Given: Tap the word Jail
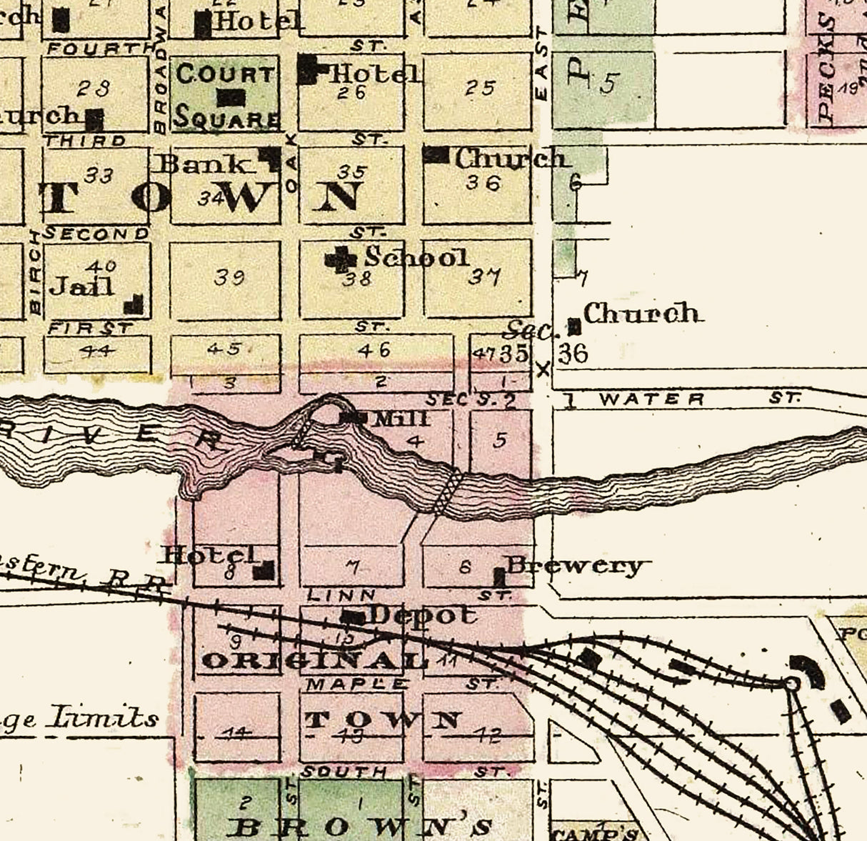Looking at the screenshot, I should [x=81, y=287].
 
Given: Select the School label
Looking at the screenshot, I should [x=416, y=257].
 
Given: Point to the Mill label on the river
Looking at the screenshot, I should [x=391, y=419].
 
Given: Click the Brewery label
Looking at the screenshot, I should [x=576, y=566].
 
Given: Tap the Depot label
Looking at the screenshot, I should [x=421, y=614].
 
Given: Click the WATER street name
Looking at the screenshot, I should [x=651, y=399].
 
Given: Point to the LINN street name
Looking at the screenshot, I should [x=341, y=594].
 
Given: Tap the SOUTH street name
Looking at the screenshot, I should [x=344, y=772].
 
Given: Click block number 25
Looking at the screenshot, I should [x=480, y=88].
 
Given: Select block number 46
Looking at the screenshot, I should [x=375, y=349].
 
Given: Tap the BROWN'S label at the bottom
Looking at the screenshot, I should [x=361, y=827].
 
